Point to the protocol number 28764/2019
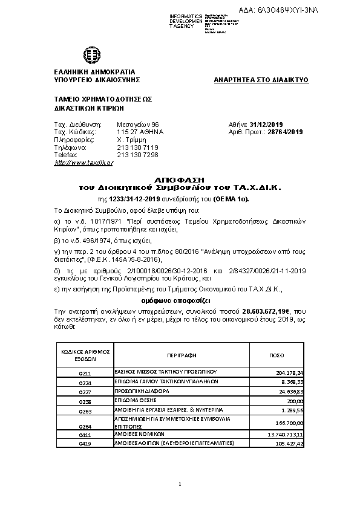tap(284, 131)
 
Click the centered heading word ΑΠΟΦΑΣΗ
tap(180, 180)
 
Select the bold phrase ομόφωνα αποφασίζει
tap(180, 300)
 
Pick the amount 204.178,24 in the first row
tap(289, 373)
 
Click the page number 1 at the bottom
tap(180, 484)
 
